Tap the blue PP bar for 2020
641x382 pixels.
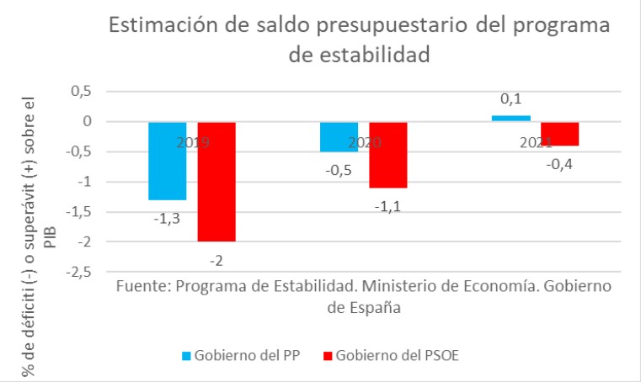[339, 137]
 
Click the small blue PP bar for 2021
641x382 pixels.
[510, 119]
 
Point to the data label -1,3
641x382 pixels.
[167, 218]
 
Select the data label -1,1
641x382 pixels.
[387, 205]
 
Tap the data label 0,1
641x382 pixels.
[510, 100]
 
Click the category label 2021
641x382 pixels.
[536, 143]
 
